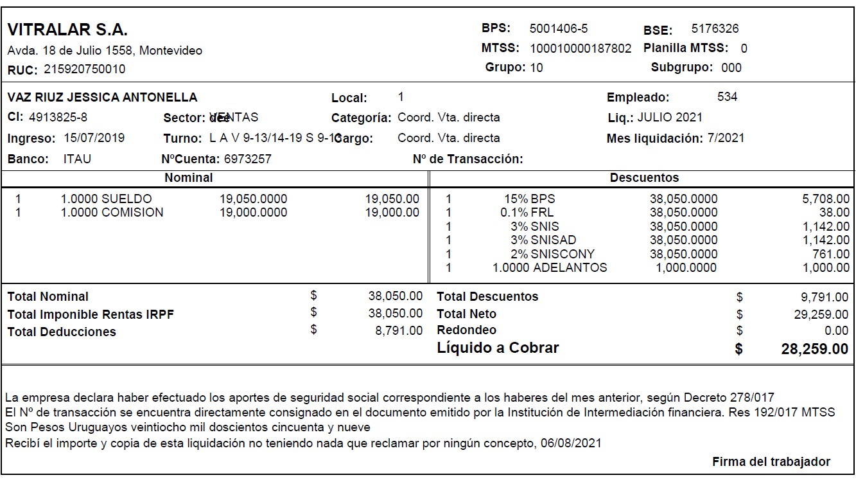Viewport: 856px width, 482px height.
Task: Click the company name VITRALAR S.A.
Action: (x=67, y=30)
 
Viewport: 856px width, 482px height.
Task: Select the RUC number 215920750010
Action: (x=85, y=69)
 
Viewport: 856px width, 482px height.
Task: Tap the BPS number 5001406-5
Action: (x=558, y=28)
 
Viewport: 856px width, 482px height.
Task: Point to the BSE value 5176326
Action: (x=715, y=28)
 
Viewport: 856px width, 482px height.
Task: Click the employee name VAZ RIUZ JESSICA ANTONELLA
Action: (x=103, y=98)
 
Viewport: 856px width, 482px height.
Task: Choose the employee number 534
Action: (x=727, y=97)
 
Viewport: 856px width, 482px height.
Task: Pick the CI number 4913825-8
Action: (x=58, y=117)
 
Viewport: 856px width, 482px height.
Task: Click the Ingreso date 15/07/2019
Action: (x=94, y=138)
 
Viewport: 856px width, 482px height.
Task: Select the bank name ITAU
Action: (x=77, y=159)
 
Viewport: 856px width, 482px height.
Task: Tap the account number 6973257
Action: (x=247, y=159)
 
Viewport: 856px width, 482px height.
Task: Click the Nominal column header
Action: (x=188, y=177)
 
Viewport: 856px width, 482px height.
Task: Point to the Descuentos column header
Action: (x=644, y=177)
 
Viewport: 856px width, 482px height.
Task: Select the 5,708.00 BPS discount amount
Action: (x=826, y=199)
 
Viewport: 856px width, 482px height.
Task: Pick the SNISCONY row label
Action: (x=563, y=254)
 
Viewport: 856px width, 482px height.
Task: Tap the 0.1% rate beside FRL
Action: (x=514, y=212)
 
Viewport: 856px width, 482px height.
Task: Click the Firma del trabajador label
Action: (x=771, y=461)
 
